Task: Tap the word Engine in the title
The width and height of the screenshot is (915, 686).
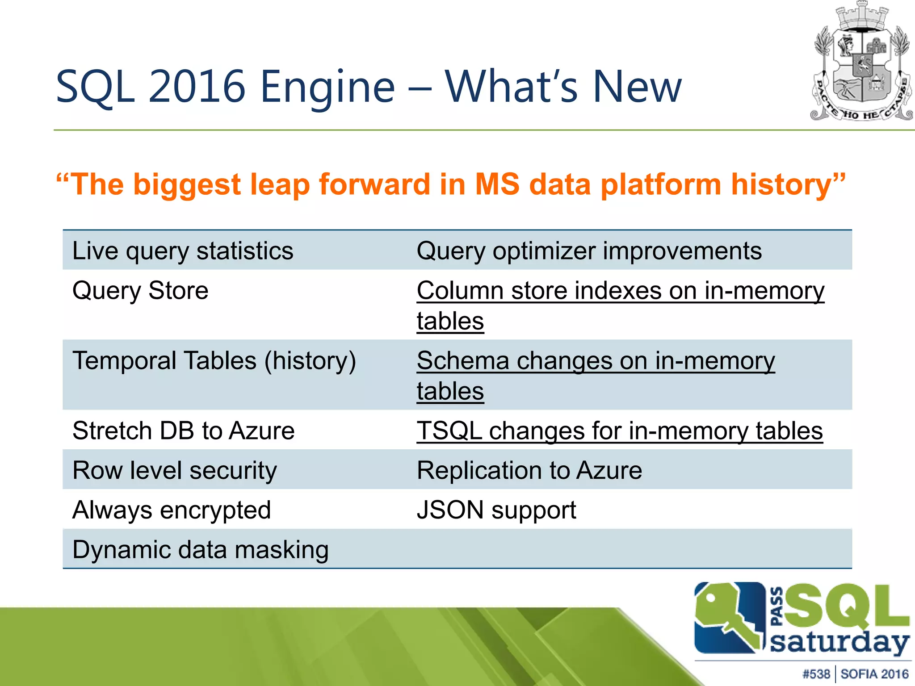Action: (327, 87)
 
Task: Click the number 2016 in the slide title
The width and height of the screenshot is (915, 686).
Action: (197, 87)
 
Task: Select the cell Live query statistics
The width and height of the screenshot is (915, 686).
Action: (183, 251)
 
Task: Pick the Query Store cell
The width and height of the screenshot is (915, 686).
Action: (140, 291)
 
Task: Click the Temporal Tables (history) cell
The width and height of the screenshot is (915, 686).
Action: (214, 360)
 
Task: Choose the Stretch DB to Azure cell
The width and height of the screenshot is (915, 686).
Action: (183, 431)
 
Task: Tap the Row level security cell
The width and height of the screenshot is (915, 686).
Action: (175, 470)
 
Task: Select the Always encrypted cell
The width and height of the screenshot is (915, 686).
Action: (172, 510)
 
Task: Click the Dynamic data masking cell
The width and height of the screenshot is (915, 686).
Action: (201, 550)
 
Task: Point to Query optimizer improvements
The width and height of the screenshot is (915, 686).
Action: (589, 251)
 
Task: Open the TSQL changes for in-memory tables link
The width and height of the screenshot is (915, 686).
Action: (619, 431)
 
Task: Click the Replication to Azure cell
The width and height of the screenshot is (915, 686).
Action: (529, 470)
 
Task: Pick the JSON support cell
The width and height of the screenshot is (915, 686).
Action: (496, 510)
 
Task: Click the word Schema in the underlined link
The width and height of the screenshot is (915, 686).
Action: (462, 360)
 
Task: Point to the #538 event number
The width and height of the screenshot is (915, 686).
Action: (816, 674)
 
